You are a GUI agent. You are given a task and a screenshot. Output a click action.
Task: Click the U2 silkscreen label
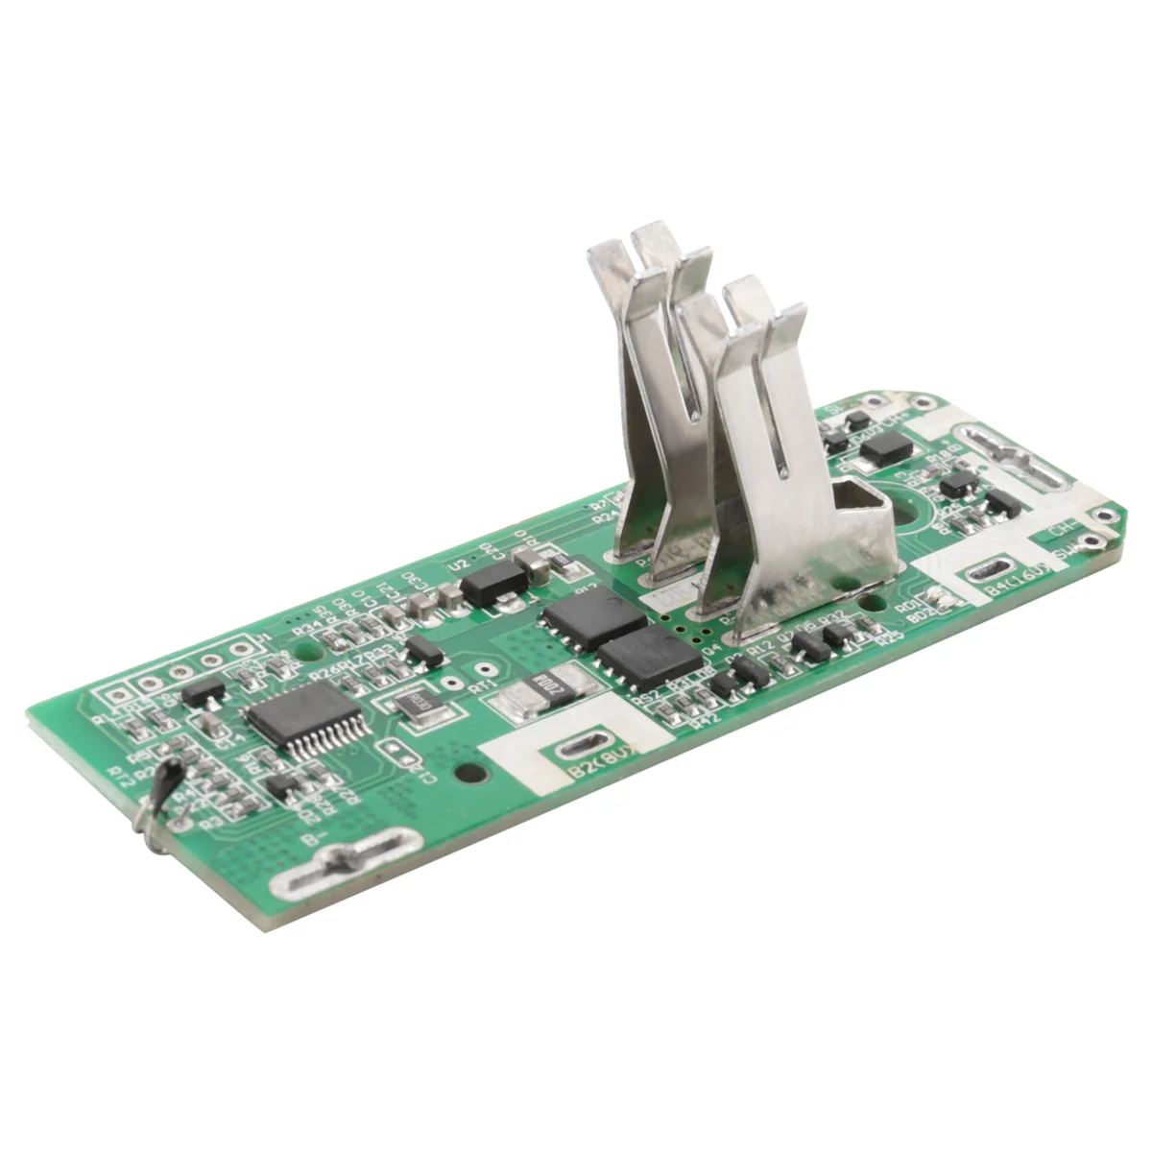coord(457,564)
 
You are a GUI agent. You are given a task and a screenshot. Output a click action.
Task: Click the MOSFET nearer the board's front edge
coord(646,658)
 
